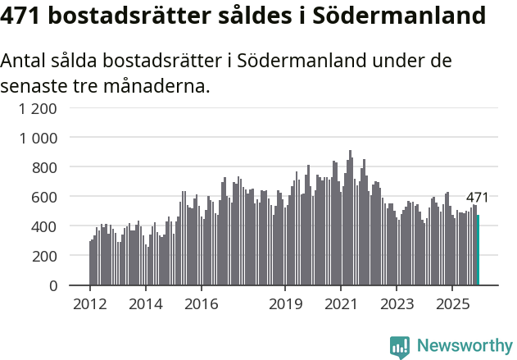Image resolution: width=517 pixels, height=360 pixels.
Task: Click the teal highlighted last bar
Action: tap(478, 250)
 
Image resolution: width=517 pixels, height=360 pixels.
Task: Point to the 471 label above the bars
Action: tap(477, 198)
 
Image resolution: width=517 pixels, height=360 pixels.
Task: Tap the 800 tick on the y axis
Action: tap(44, 167)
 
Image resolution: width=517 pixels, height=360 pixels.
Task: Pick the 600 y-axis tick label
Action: tap(44, 197)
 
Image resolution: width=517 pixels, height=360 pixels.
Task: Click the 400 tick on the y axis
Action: tap(44, 226)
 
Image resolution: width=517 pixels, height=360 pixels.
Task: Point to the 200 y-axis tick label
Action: tap(44, 256)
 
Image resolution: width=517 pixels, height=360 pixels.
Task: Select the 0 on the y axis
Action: tap(52, 285)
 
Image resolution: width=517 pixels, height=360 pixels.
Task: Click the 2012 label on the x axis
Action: tap(89, 304)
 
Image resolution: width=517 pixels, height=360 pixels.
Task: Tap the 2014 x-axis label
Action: tap(145, 304)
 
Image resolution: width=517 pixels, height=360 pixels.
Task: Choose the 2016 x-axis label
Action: tap(201, 304)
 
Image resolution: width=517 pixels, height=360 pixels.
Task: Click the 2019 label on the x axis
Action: tap(285, 304)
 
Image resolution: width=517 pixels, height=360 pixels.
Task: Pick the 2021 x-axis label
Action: tap(341, 304)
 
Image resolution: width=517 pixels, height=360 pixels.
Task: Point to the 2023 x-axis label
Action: tap(397, 304)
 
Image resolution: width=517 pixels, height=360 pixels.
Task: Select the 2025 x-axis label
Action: tap(452, 304)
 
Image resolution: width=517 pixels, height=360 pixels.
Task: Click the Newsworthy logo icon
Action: tap(400, 347)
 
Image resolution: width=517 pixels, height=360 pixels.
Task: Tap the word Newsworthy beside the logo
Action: tap(464, 346)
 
